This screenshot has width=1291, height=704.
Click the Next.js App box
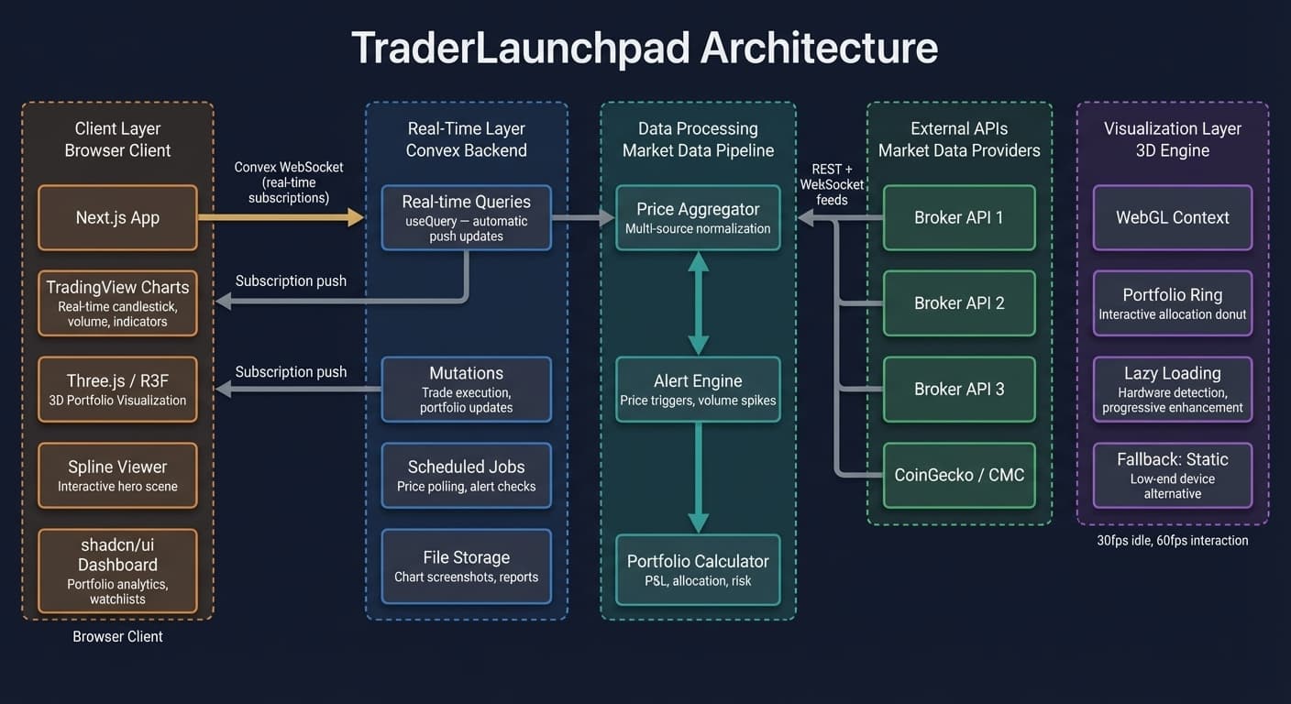coord(117,218)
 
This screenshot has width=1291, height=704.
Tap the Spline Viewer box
coord(117,476)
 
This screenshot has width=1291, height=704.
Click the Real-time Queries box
coord(466,218)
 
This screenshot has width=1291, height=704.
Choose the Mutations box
coord(466,390)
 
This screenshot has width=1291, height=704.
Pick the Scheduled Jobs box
coord(466,476)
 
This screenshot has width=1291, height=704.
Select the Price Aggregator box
coord(698,218)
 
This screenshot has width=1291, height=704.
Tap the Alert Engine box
coord(698,390)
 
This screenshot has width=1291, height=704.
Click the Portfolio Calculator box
coord(698,569)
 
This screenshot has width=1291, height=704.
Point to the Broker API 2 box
coord(959,303)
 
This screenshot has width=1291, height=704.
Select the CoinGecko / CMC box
coord(959,476)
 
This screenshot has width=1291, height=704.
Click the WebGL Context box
coord(1172,218)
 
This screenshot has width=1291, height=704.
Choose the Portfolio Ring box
coord(1172,303)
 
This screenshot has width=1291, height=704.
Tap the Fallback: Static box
coord(1172,476)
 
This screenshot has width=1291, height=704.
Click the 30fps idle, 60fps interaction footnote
coord(1172,541)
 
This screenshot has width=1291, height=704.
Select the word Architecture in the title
coord(819,48)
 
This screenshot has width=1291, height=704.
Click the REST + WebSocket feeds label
coord(833,184)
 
